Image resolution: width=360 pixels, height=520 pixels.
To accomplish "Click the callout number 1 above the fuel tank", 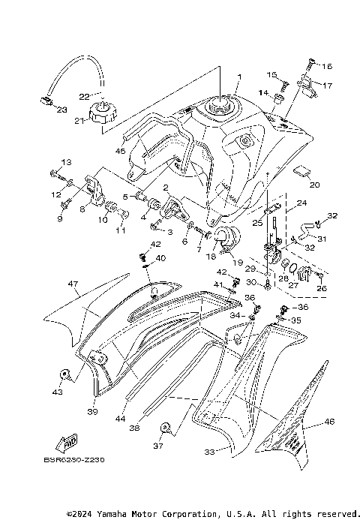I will point(240,77).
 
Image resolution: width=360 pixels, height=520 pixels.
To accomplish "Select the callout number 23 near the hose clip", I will point(60,110).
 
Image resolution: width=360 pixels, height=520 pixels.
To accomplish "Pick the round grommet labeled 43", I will point(64,374).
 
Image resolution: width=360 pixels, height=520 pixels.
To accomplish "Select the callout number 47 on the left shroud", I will point(73,284).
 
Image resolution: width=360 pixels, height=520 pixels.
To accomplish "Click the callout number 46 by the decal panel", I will point(328,422).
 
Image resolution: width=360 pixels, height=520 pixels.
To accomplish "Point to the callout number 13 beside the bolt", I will point(65,163).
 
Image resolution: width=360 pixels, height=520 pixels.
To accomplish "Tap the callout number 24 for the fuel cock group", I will point(301,202).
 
